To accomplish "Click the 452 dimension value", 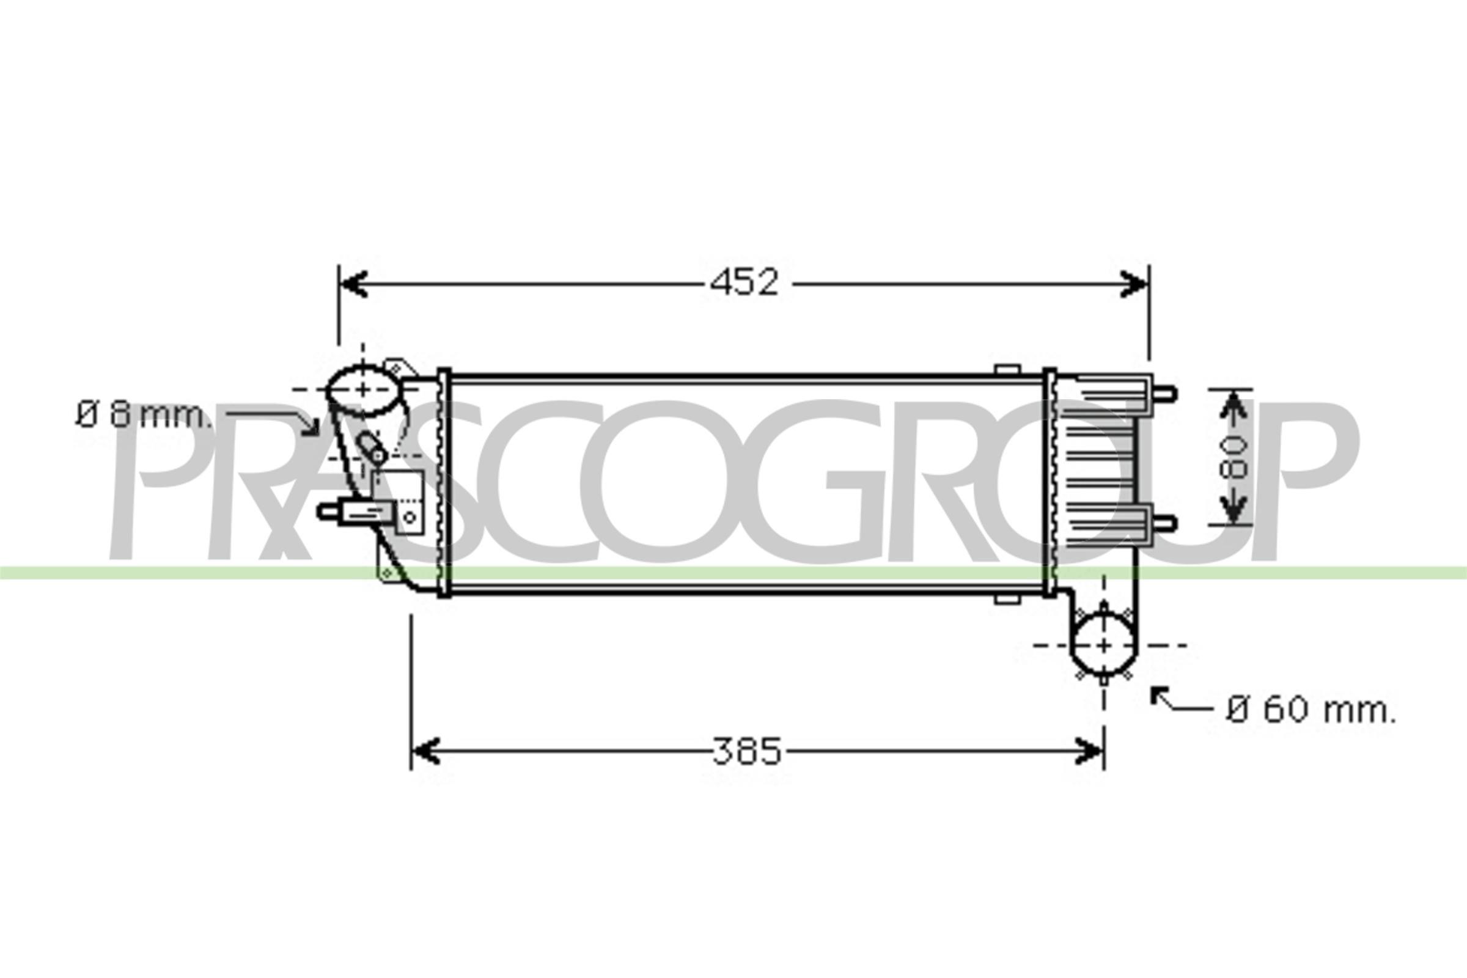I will (745, 283).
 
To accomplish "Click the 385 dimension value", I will (746, 751).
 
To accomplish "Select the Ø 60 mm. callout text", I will (1311, 711).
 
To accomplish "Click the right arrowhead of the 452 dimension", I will (1134, 284).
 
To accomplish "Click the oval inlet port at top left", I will (362, 391).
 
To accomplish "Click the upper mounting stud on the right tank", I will (1165, 394).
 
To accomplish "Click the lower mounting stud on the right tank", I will (1165, 523).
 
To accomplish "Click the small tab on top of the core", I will (1007, 369).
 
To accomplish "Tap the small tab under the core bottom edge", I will (1007, 600).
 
